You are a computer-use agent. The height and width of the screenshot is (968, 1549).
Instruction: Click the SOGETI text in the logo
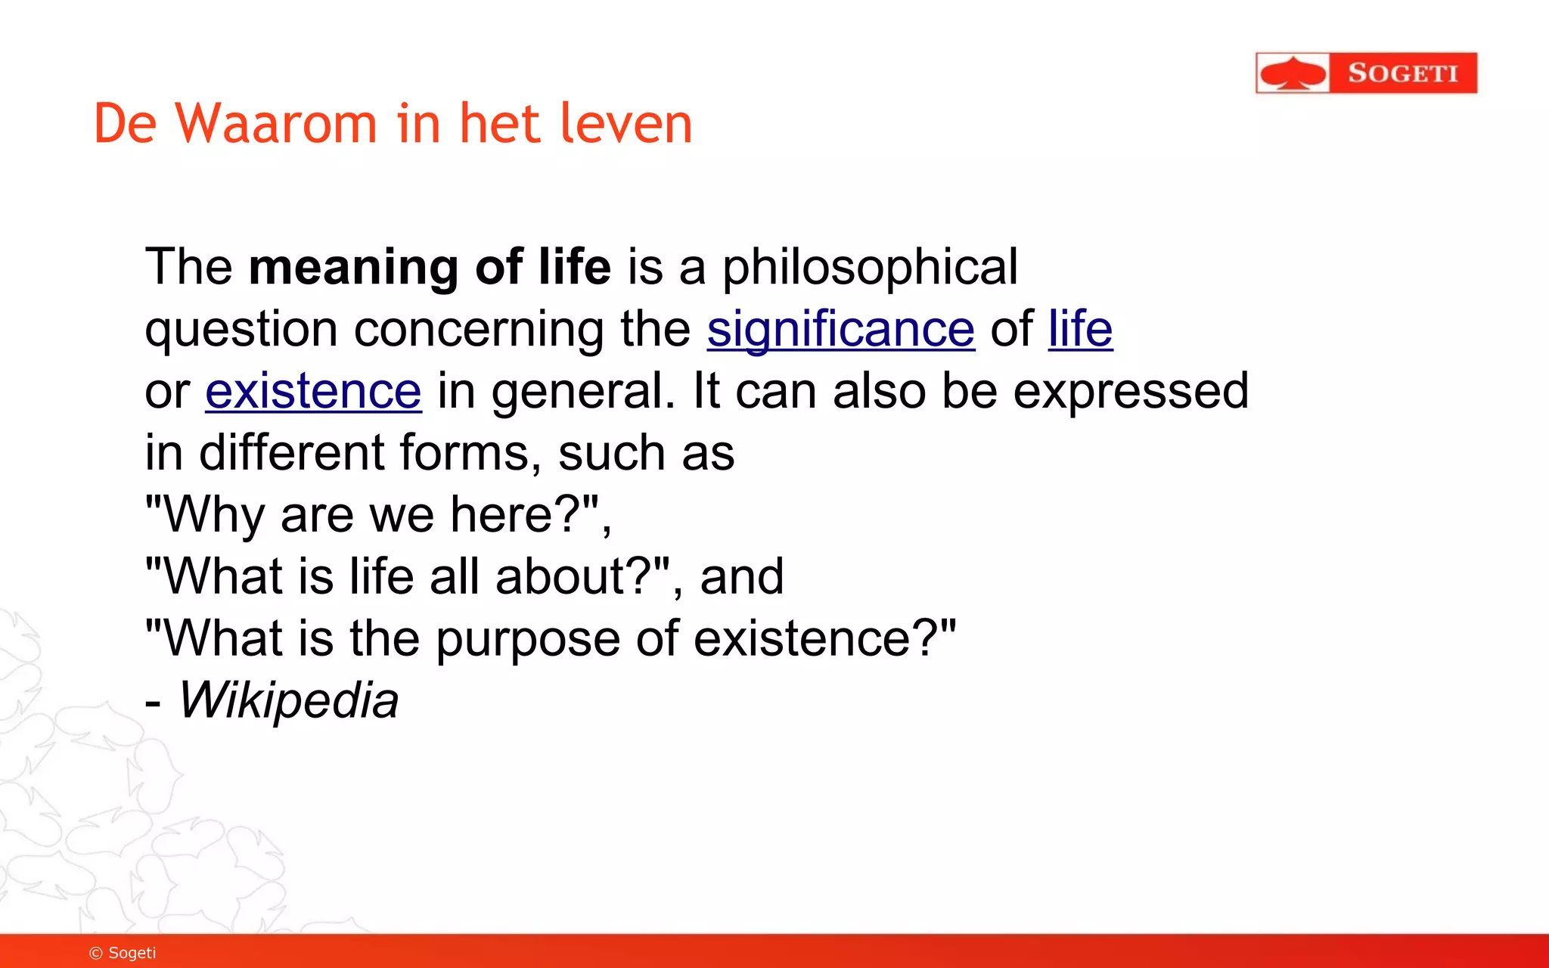[1402, 73]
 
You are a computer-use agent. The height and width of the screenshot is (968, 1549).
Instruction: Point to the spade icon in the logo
[1293, 73]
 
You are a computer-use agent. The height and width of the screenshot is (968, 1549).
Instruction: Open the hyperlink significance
[840, 330]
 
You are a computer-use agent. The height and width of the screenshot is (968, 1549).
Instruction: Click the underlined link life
[1080, 330]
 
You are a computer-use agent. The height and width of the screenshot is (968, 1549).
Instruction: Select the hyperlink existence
[313, 392]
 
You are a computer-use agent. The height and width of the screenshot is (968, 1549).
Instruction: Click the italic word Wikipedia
[288, 700]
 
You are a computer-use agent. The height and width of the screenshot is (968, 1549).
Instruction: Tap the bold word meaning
[353, 267]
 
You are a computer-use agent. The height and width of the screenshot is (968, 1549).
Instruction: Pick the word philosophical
[870, 268]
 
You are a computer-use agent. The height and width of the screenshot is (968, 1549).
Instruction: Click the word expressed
[1131, 392]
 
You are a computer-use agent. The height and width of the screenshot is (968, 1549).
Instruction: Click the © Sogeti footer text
[123, 953]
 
